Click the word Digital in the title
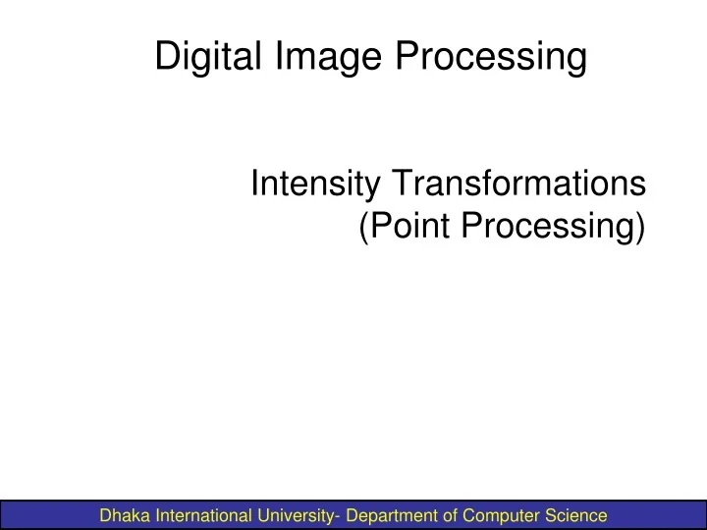[x=203, y=56]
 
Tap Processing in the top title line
[x=491, y=56]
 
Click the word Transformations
[x=519, y=184]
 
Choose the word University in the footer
[x=299, y=514]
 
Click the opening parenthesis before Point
[x=363, y=227]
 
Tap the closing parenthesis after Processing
[x=640, y=227]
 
